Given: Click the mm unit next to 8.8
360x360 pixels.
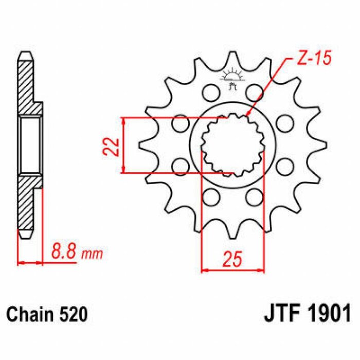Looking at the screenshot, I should coord(93,254).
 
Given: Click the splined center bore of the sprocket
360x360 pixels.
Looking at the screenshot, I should coord(231,146).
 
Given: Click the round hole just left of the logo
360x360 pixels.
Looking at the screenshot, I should coord(209,93).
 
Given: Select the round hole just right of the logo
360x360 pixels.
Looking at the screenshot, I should coord(254,93).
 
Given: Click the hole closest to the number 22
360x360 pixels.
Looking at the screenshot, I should coord(180,124).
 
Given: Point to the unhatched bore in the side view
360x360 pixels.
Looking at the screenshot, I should coord(30,146).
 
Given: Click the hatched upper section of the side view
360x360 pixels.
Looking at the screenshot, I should coord(27,87).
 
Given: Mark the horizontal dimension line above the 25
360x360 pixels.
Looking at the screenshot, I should coord(232,269).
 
